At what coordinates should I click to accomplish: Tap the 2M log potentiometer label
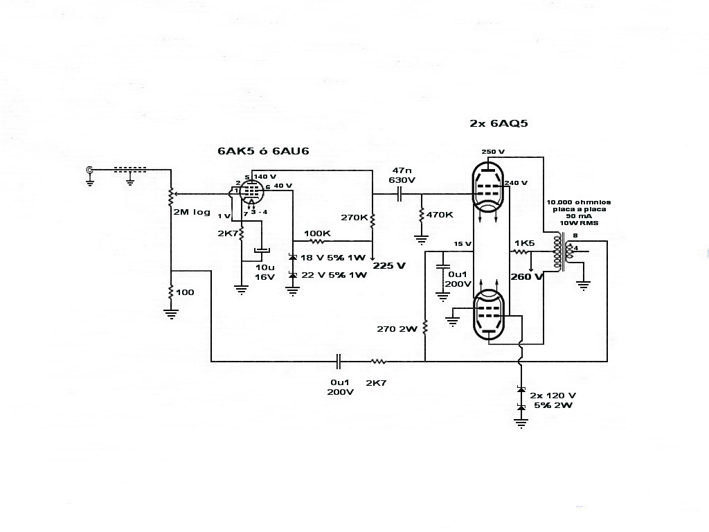click(192, 212)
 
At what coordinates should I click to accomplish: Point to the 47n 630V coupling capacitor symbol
click(400, 195)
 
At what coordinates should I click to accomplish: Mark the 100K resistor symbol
click(318, 241)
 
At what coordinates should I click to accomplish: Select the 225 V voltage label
click(389, 265)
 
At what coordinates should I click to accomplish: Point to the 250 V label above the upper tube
click(493, 151)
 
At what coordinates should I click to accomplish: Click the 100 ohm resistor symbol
click(170, 293)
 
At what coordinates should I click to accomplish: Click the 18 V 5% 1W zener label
click(333, 257)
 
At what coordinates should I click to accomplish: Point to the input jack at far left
click(89, 170)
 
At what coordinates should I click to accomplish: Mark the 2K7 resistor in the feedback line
click(377, 361)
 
